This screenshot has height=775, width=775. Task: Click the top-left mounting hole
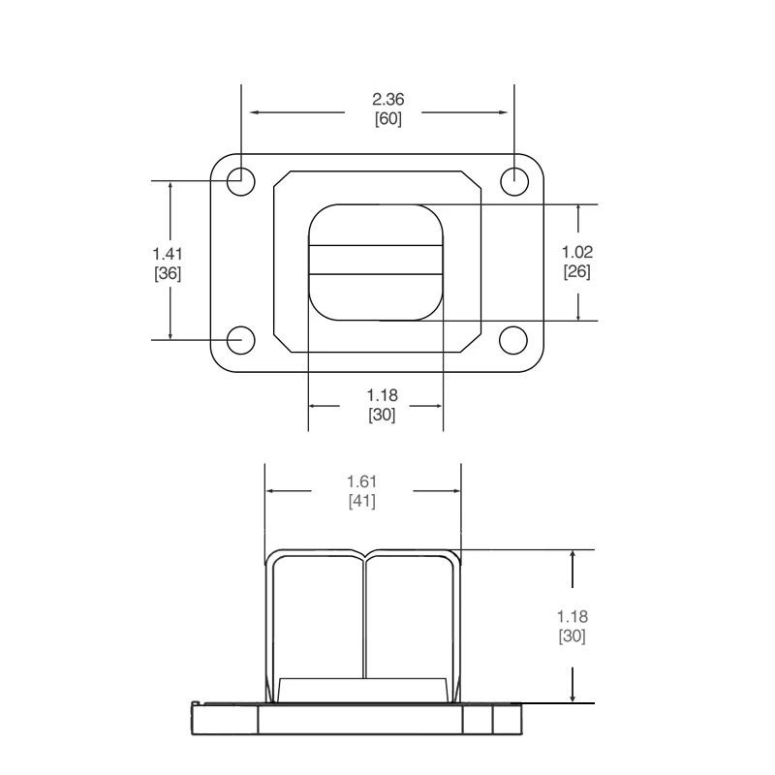tap(240, 180)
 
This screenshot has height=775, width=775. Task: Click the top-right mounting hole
tap(513, 180)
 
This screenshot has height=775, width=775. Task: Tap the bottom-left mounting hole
tap(240, 340)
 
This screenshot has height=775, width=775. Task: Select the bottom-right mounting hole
tap(513, 340)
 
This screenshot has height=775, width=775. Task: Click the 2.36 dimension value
tap(387, 99)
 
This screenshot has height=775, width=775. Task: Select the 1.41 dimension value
tap(168, 253)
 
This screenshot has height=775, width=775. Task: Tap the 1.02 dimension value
tap(577, 251)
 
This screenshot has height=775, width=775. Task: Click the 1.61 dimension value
tap(361, 480)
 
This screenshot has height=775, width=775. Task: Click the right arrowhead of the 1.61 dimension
tap(454, 491)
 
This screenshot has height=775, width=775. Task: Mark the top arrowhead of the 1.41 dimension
tap(171, 186)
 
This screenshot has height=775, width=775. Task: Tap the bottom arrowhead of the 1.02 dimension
tap(578, 315)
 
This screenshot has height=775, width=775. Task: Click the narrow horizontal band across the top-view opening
tap(376, 262)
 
